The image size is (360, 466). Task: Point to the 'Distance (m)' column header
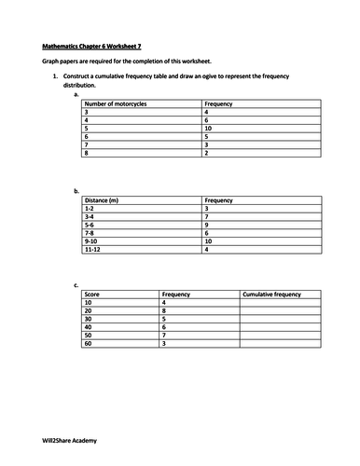103,200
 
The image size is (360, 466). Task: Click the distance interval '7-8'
90,233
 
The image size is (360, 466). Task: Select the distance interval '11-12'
92,250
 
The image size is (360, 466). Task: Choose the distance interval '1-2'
90,209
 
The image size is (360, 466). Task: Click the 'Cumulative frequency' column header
271,295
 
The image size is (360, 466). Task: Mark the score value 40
89,327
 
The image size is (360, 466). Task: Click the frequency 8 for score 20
164,310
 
